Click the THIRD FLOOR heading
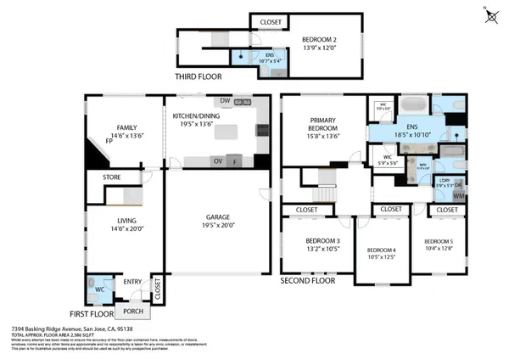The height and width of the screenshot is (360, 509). pos(198,76)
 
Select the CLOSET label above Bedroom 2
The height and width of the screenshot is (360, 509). pos(271,21)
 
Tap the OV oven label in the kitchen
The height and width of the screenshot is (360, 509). pos(218,160)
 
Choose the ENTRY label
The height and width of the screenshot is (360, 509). pos(133,282)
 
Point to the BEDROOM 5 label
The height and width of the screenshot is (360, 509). pos(439,241)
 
